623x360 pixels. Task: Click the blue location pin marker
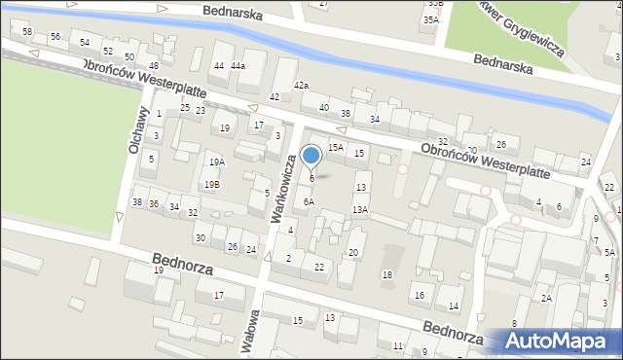(x=311, y=156)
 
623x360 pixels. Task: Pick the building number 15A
(x=335, y=147)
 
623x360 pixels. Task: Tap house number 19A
(x=216, y=162)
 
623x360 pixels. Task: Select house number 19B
(x=211, y=184)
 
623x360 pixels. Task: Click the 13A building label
(x=360, y=209)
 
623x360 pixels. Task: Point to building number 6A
(x=308, y=201)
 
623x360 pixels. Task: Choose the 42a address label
(x=302, y=86)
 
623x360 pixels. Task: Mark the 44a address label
(x=238, y=65)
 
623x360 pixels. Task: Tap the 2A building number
(x=547, y=298)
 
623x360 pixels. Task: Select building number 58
(x=27, y=32)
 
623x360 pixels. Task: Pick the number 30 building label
(x=200, y=238)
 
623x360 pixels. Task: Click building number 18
(x=386, y=275)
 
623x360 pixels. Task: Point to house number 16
(x=420, y=295)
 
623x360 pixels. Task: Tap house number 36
(x=154, y=203)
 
